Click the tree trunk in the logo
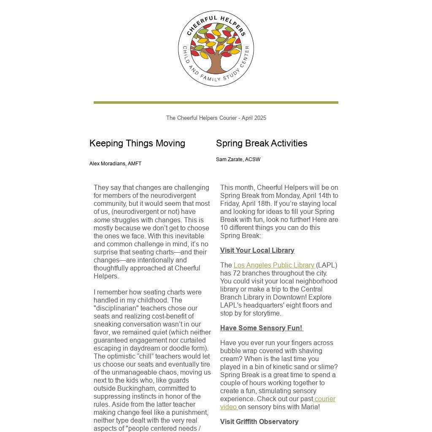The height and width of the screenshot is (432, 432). tap(216, 63)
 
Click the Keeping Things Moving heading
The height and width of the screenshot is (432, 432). tap(137, 143)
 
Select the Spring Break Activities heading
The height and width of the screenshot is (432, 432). tap(262, 143)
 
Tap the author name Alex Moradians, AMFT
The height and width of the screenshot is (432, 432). tap(115, 164)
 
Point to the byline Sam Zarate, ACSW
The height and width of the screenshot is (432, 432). tap(238, 159)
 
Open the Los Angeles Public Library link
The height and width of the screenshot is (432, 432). tap(274, 265)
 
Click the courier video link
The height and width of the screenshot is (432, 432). tap(324, 399)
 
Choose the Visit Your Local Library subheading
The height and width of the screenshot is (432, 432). tap(257, 251)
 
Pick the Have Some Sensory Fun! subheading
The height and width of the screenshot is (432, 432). tap(261, 328)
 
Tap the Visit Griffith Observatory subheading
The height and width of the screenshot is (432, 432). tap(259, 422)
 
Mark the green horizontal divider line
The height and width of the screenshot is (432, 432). tap(216, 103)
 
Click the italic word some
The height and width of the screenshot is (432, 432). tap(102, 220)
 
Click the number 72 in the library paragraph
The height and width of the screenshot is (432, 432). tap(237, 273)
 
